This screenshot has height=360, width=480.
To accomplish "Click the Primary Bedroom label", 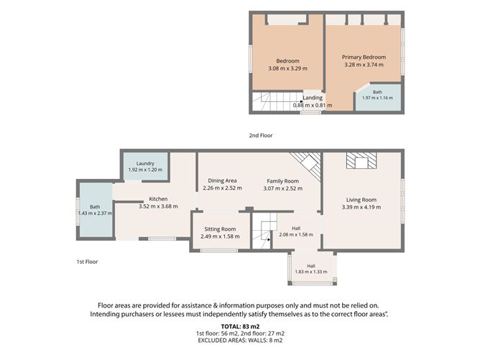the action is point(364,57).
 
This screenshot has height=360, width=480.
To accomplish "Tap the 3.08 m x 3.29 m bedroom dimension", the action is point(287,68).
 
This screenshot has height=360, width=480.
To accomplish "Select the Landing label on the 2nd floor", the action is point(313,98).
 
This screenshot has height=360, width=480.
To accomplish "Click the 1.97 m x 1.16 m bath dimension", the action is point(377,98).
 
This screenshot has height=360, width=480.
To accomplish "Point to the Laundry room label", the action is point(145,163).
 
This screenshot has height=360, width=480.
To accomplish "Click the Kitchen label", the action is point(158,199).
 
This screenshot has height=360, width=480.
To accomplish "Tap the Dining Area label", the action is point(222,180).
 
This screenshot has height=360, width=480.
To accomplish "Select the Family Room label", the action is point(283,181).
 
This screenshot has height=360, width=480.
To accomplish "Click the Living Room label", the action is point(361,200).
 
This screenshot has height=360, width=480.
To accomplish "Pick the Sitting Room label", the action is point(220,229).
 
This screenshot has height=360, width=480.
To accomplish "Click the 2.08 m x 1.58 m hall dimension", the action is point(296,235).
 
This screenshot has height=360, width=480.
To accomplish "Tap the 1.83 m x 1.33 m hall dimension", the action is point(311,272).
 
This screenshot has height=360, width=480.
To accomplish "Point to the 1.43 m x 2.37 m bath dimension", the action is point(95,213).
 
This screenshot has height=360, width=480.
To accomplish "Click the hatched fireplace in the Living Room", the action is point(361,161).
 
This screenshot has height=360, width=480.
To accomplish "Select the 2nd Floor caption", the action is point(261,135).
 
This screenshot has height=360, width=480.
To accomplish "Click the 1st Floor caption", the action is point(87,262).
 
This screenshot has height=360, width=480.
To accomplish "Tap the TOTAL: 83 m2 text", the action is point(240,326).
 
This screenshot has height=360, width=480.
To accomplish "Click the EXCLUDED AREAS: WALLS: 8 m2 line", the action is point(240,341).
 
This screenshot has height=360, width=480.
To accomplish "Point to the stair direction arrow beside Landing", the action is point(302,101).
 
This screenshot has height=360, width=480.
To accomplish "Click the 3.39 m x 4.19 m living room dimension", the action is point(361,207).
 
